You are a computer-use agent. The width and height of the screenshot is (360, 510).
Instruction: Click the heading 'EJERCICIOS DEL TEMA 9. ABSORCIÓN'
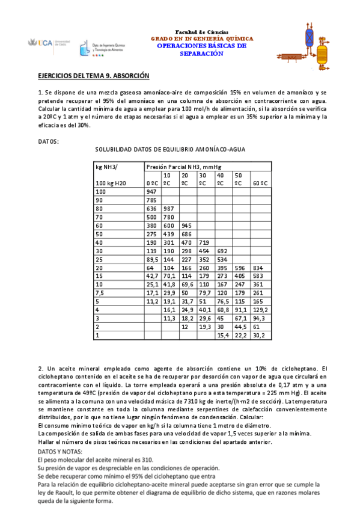(93, 76)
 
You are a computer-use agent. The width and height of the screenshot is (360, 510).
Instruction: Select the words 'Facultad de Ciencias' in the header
(201, 31)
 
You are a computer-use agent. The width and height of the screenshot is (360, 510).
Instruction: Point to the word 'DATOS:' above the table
(48, 141)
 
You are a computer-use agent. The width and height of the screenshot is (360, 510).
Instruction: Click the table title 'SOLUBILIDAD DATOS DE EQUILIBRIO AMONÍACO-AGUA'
(170, 149)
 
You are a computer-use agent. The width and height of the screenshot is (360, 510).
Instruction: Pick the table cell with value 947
(151, 191)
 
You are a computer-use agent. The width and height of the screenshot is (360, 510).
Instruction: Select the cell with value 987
(169, 209)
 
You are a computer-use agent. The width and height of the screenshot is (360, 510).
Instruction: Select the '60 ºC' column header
(260, 182)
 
